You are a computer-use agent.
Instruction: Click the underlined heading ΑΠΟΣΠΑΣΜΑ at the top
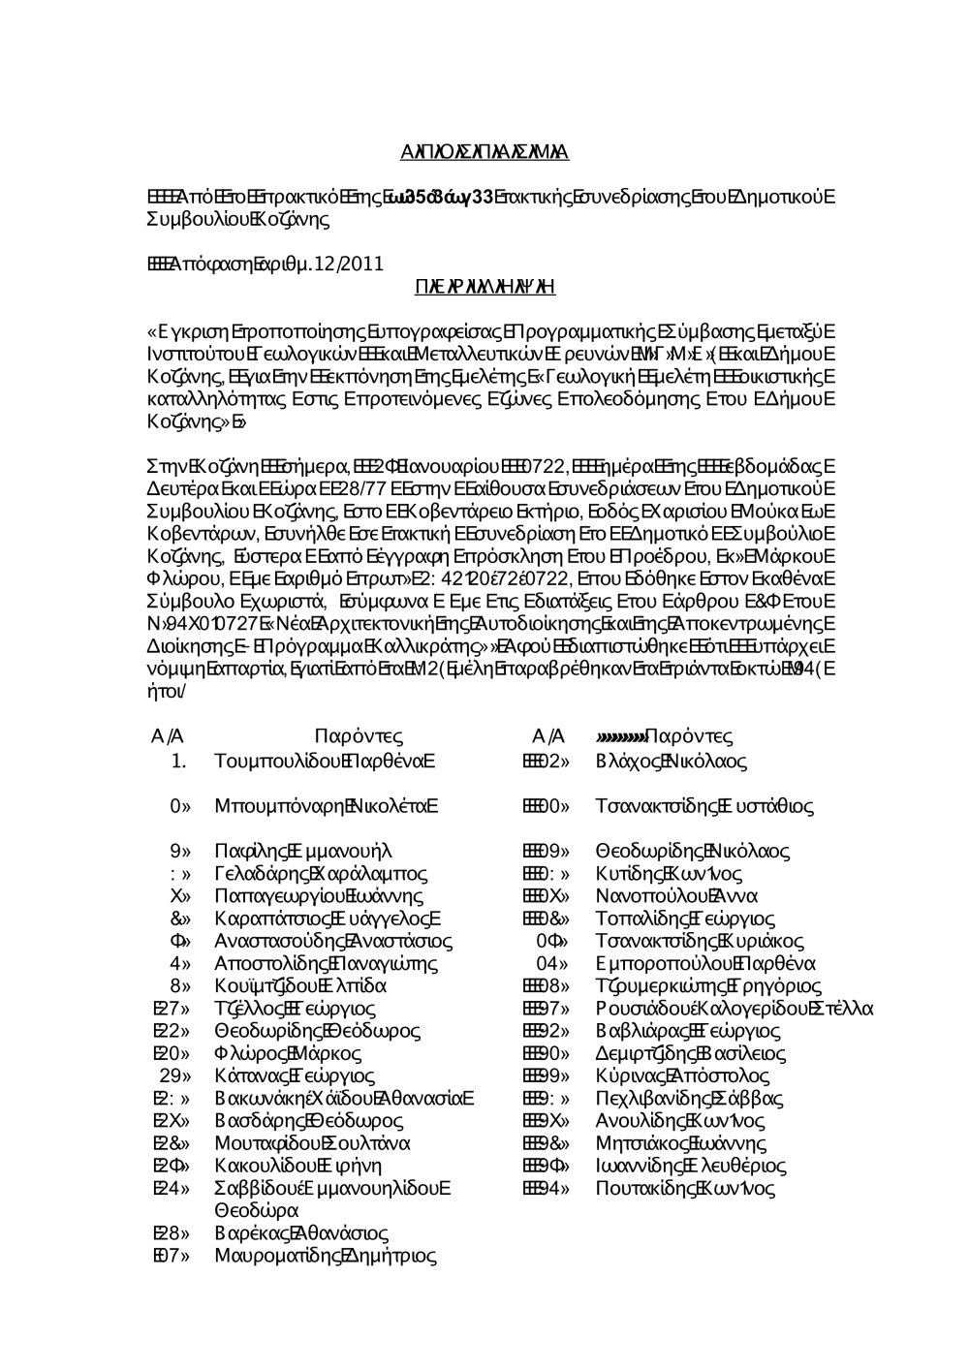(x=484, y=152)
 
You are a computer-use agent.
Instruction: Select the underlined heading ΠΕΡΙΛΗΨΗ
(x=484, y=287)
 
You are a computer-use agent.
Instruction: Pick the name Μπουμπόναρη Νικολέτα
(x=327, y=806)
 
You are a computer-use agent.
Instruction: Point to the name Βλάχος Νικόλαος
(x=672, y=762)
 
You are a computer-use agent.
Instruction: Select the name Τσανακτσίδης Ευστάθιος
(x=704, y=806)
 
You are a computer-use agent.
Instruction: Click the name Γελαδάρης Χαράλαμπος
(x=321, y=874)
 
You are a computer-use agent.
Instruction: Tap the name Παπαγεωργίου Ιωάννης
(x=319, y=896)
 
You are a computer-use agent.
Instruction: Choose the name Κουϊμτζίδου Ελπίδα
(x=300, y=986)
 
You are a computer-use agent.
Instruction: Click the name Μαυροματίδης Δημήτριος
(x=326, y=1257)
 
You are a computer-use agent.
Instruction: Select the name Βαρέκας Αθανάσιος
(x=301, y=1233)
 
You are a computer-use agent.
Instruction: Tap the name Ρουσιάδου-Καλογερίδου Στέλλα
(x=735, y=1009)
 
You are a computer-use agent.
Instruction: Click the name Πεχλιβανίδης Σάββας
(x=690, y=1099)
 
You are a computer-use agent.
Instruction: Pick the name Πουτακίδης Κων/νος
(x=686, y=1189)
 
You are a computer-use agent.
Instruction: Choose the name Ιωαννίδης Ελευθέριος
(x=691, y=1166)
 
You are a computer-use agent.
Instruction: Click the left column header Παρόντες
(x=359, y=737)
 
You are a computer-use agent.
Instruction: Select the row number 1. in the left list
(x=178, y=762)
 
